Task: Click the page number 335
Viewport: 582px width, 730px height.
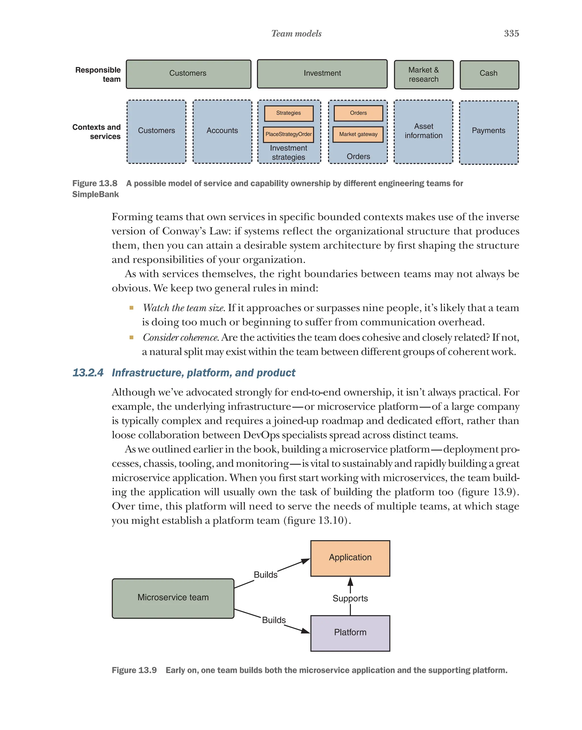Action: (x=511, y=34)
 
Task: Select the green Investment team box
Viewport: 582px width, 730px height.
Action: (x=322, y=74)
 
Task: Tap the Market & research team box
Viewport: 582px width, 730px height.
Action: (x=423, y=74)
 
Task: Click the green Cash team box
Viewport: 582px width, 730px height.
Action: (x=489, y=74)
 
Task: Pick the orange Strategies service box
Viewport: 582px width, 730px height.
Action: (x=288, y=113)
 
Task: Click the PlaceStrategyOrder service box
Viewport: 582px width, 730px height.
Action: (x=288, y=134)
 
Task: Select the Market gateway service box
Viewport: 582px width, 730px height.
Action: (x=358, y=134)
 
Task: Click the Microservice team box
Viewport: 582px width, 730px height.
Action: (x=173, y=598)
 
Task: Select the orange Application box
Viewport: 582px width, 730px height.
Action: (x=350, y=558)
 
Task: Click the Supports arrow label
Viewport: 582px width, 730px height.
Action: (x=350, y=599)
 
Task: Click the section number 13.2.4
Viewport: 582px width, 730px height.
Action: (x=88, y=373)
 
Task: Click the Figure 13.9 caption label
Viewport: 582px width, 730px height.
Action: (x=134, y=670)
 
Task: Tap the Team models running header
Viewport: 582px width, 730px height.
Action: (x=296, y=34)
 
